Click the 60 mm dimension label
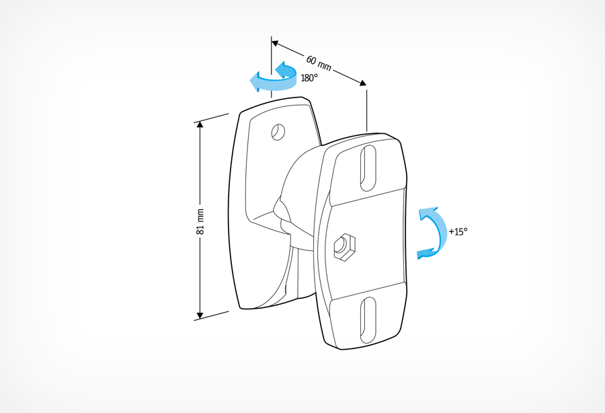[319, 63]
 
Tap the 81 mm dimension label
[200, 221]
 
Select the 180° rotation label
[309, 78]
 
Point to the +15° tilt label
[458, 231]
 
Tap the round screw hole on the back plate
[278, 132]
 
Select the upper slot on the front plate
[368, 168]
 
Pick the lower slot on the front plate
[368, 320]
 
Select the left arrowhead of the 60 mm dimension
[275, 44]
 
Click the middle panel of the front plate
[368, 244]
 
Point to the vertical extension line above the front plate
[366, 111]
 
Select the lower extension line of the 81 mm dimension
[212, 315]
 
